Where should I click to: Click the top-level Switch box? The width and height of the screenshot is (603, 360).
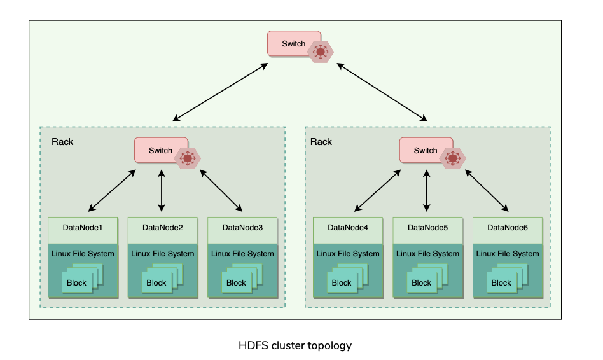click(x=289, y=44)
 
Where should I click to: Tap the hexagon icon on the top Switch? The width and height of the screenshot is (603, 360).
click(x=320, y=52)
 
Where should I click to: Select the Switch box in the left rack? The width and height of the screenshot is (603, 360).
click(x=156, y=151)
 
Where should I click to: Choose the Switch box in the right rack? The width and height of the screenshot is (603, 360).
click(x=422, y=151)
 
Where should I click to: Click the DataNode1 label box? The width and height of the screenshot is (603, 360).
click(x=83, y=228)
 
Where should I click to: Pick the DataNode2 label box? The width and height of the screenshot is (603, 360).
click(x=163, y=228)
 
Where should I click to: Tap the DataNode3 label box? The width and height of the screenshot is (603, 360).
click(x=242, y=228)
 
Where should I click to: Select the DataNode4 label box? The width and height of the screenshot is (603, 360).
click(x=348, y=228)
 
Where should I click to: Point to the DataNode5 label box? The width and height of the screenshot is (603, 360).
click(x=427, y=228)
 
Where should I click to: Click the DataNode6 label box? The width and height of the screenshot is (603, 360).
click(x=508, y=228)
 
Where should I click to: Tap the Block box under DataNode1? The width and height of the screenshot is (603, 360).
click(x=76, y=283)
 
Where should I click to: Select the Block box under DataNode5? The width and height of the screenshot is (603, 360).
click(x=421, y=283)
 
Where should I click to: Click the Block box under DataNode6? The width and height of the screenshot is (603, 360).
click(x=501, y=283)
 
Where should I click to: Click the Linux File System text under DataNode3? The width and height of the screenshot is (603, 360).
click(x=242, y=254)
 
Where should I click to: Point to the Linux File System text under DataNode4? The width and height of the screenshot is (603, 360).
click(x=348, y=254)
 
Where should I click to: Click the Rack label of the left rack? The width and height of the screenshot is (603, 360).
click(x=62, y=141)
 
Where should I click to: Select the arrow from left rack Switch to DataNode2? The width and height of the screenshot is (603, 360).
click(x=162, y=191)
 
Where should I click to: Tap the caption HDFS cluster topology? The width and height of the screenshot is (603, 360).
click(x=295, y=346)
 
